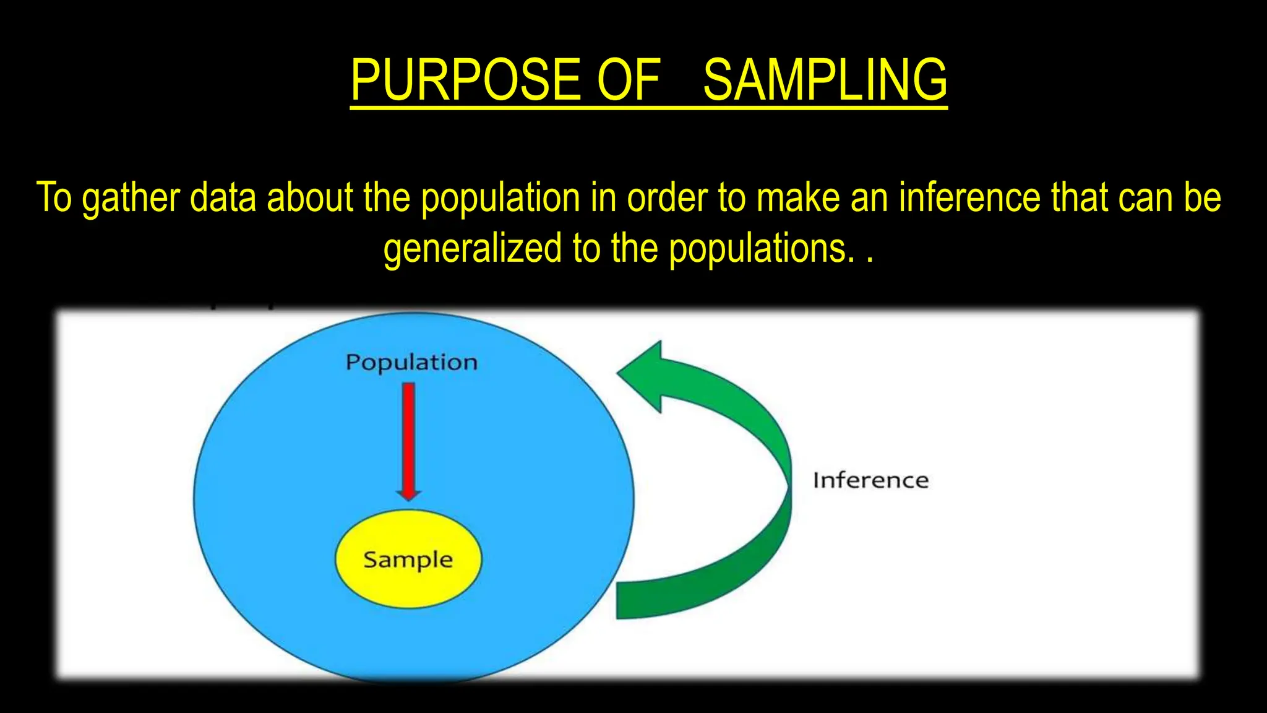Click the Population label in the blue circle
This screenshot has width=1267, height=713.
click(x=411, y=362)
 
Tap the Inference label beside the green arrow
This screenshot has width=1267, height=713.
click(x=870, y=480)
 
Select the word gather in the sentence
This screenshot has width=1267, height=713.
click(x=131, y=198)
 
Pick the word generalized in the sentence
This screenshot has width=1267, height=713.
click(x=473, y=249)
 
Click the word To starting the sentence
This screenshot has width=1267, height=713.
click(x=55, y=198)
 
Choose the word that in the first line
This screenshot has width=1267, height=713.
click(x=1080, y=198)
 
